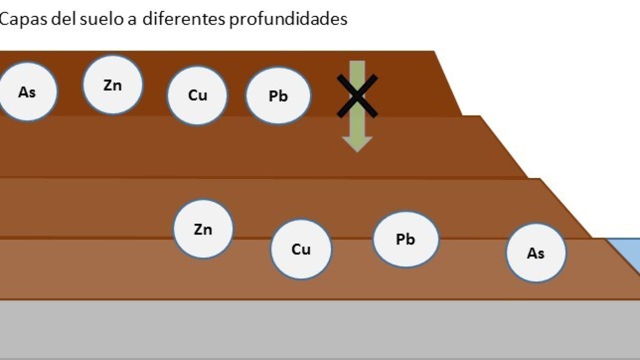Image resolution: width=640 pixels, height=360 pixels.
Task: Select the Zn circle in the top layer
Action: [x=112, y=85]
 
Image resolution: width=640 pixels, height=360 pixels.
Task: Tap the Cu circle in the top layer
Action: [x=197, y=95]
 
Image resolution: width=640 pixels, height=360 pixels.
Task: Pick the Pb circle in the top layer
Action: [x=278, y=95]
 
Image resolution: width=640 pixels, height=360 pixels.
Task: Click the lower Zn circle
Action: [x=203, y=229]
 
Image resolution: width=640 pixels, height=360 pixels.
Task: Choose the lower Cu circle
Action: [x=301, y=249]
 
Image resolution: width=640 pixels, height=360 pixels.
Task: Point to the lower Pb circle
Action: [x=405, y=239]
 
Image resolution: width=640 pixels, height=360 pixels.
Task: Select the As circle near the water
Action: [x=535, y=253]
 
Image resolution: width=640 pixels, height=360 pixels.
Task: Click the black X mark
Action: [x=357, y=96]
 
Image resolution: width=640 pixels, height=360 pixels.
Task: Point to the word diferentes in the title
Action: [x=183, y=19]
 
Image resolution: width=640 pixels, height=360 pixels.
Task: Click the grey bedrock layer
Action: [x=320, y=330]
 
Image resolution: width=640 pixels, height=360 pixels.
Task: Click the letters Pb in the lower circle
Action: [x=405, y=239]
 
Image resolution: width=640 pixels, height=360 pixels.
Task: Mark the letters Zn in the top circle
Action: [x=112, y=85]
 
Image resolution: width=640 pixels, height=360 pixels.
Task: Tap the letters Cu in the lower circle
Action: [x=301, y=249]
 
